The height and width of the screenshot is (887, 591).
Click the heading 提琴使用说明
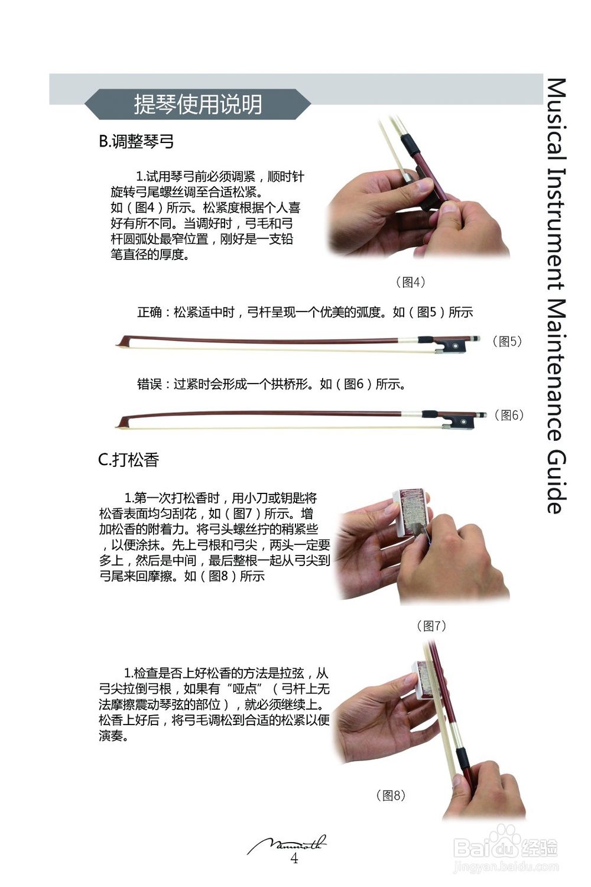pos(197,105)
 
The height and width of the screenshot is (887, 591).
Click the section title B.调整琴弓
pos(136,142)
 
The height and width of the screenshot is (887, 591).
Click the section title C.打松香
pos(128,460)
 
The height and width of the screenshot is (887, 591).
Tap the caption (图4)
pos(410,282)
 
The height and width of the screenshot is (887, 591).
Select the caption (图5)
pos(507,342)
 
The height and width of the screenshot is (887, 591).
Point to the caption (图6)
pos(508,415)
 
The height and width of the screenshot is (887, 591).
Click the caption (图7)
pos(431,626)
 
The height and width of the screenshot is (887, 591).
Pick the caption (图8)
pos(391,795)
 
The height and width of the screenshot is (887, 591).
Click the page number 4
pos(294,859)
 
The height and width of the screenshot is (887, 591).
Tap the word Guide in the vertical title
pos(556,482)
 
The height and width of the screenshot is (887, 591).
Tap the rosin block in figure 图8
pos(421,677)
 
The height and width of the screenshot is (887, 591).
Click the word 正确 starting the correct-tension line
pos(150,313)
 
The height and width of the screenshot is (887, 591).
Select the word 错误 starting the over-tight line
pos(150,385)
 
